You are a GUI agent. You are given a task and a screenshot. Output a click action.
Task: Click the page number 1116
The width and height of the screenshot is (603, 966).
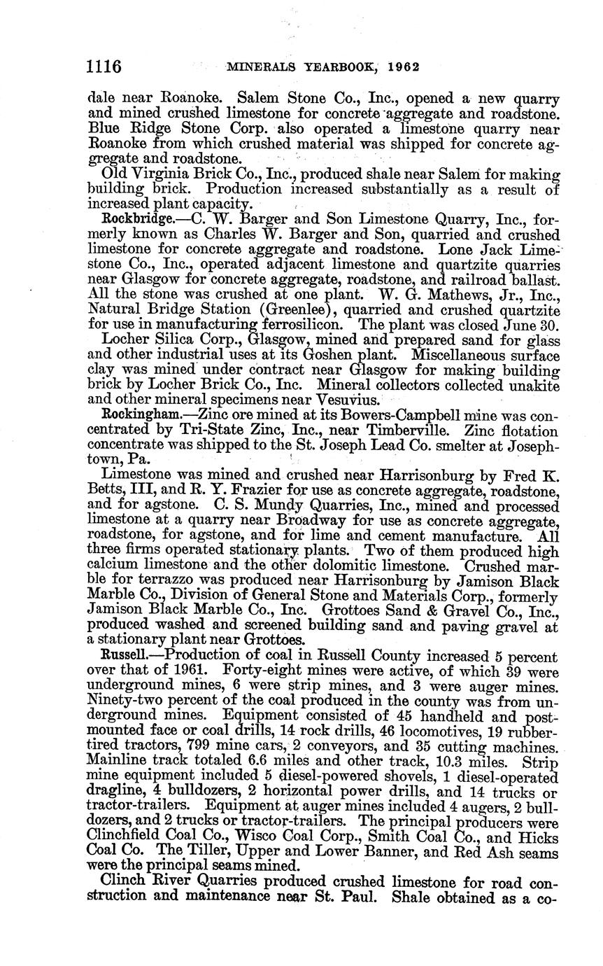(104, 67)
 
